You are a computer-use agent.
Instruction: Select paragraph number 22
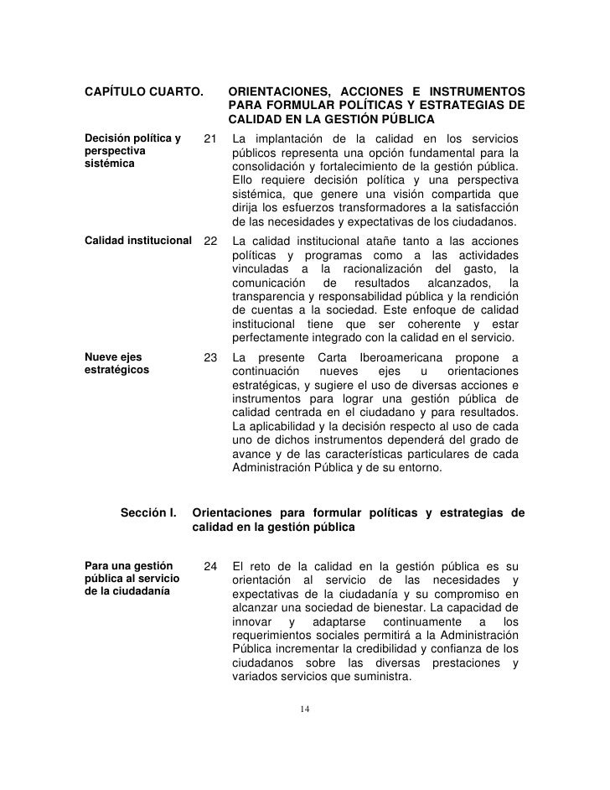click(x=210, y=241)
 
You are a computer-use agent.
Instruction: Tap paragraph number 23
click(x=210, y=359)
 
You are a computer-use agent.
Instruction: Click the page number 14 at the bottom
click(x=305, y=710)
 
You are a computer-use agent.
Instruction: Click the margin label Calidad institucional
click(x=138, y=241)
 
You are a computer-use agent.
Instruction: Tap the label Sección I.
click(x=148, y=512)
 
